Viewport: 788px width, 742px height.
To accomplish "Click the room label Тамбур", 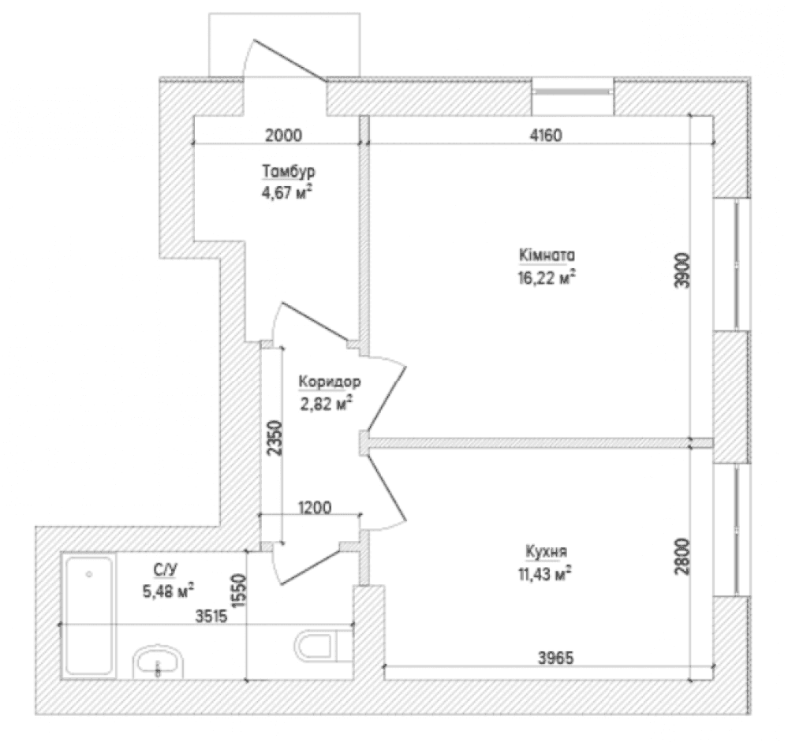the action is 289,171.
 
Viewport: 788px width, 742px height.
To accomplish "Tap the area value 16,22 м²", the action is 547,277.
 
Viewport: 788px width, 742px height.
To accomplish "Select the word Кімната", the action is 547,255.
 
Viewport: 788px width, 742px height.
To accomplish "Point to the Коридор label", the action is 330,382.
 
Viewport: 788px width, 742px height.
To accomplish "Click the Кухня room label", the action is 547,551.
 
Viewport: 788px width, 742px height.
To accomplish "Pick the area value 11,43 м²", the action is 545,572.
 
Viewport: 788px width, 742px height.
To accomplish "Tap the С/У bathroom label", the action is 166,569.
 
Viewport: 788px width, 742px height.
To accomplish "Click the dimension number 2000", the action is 283,135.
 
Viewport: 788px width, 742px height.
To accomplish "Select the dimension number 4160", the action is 546,135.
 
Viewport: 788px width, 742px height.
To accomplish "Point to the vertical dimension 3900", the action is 683,270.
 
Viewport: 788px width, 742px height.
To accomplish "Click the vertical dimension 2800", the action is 683,556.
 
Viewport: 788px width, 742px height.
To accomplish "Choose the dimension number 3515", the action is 211,616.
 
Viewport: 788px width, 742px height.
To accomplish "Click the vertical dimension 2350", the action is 275,438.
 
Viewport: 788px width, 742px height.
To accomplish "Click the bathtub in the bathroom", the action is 88,616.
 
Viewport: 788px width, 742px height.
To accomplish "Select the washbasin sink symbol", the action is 158,662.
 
